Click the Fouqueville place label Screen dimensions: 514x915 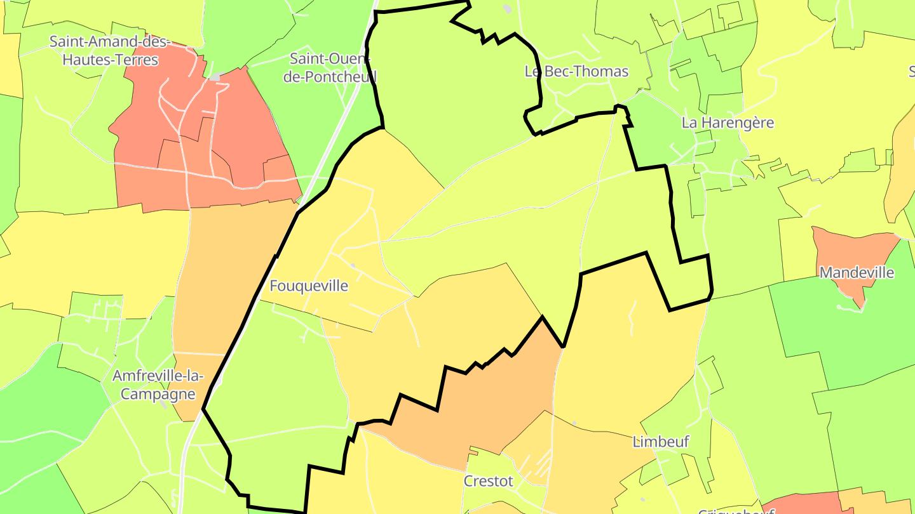click(309, 286)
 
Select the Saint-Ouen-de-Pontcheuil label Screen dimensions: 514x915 click(333, 67)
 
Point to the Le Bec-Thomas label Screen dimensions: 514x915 click(576, 71)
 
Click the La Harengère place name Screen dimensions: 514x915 click(728, 122)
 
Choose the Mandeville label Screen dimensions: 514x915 click(857, 273)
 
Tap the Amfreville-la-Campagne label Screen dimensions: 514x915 click(158, 385)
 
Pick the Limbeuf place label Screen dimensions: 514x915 click(661, 442)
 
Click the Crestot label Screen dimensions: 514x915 click(488, 481)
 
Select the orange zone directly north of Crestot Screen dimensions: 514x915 click(483, 406)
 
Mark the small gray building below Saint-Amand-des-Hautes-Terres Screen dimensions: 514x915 click(216, 77)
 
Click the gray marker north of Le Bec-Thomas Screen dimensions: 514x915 click(506, 8)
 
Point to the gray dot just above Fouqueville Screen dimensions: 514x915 click(353, 265)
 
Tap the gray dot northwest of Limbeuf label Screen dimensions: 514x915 click(574, 423)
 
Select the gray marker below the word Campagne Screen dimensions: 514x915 click(164, 404)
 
